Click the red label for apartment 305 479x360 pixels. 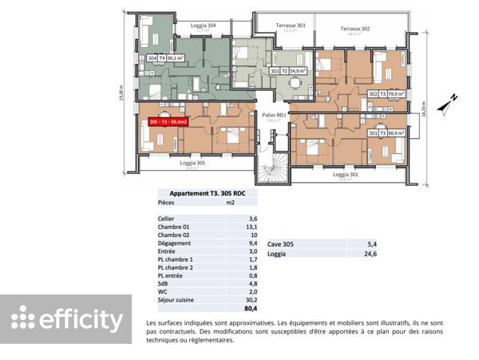pos(172,121)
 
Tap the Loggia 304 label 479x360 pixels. pos(204,26)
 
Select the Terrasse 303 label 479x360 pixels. pos(291,26)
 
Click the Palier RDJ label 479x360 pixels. pos(275,115)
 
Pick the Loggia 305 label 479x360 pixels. pos(190,163)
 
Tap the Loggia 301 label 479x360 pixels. pos(345,174)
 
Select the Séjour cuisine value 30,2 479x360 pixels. pos(253,300)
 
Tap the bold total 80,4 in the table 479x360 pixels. pos(252,309)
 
